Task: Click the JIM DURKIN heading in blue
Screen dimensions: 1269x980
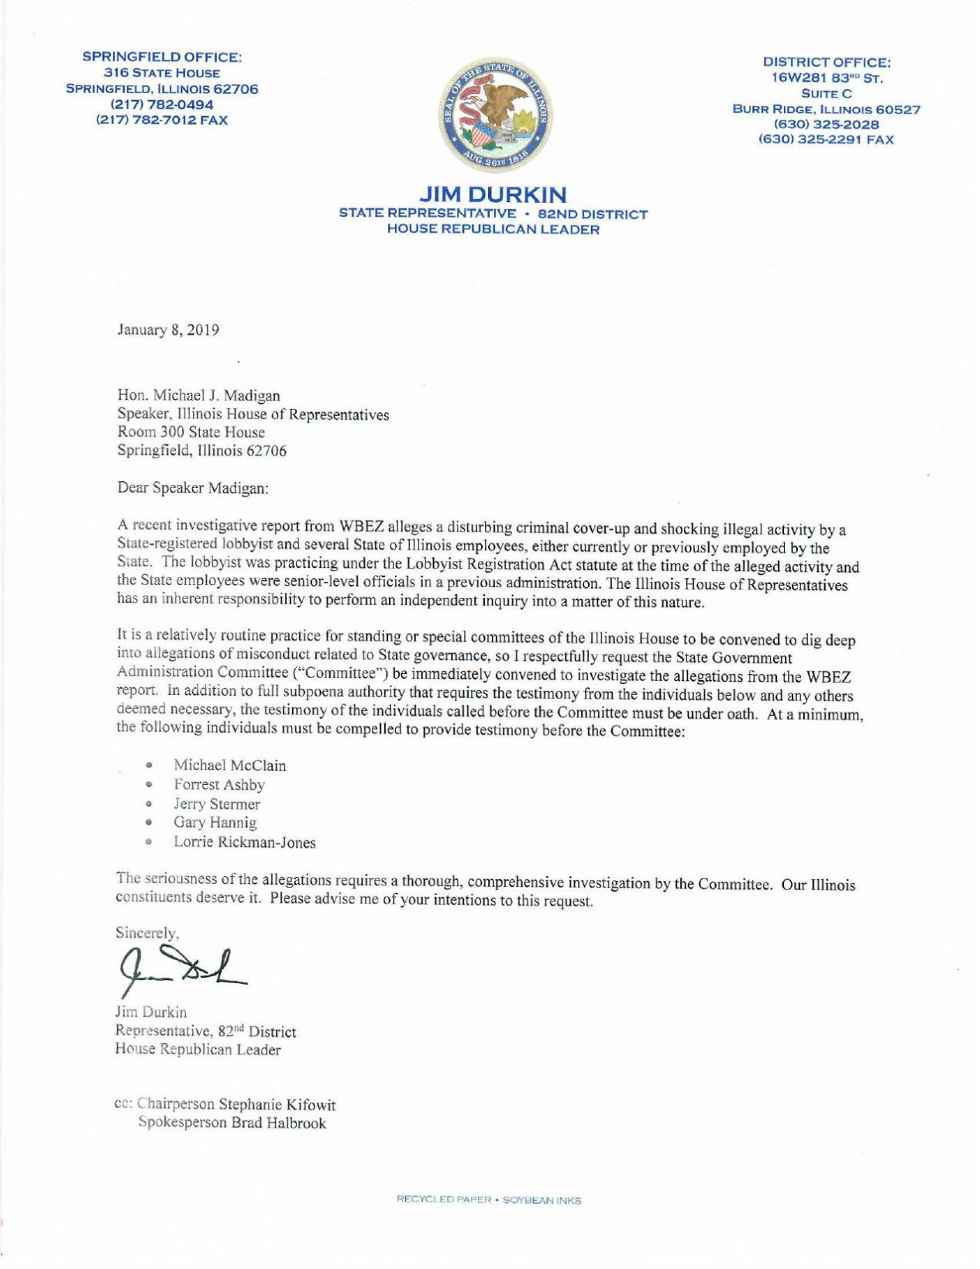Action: coord(493,194)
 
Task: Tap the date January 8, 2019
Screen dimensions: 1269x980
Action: coord(168,330)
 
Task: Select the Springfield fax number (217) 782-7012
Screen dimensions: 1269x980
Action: coord(162,120)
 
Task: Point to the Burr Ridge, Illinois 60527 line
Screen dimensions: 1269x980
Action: coord(826,109)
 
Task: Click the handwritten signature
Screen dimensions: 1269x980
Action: coord(181,968)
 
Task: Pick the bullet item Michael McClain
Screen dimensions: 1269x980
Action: coord(229,765)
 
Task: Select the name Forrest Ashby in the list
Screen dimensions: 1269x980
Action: coord(219,785)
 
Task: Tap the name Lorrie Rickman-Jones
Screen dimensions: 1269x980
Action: coord(244,842)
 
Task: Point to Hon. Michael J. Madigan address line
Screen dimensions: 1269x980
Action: coord(198,396)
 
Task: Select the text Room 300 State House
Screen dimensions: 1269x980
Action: coord(191,432)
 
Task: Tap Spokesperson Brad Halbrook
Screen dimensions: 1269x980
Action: coord(232,1123)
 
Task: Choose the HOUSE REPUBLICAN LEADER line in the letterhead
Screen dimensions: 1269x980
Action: coord(493,229)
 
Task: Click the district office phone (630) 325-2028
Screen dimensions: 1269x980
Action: coord(826,125)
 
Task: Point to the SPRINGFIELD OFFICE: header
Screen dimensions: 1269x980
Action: coord(162,57)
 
